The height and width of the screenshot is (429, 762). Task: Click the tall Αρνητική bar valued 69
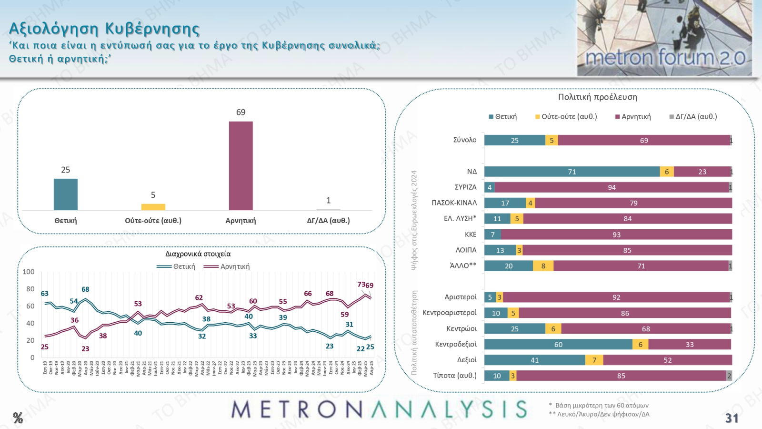(241, 165)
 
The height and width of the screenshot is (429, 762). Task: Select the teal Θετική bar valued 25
(66, 194)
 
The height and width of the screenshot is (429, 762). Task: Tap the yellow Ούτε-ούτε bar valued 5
(153, 207)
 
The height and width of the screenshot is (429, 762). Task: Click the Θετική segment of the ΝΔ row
(571, 172)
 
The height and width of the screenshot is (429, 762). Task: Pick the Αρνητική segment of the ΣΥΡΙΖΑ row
(612, 187)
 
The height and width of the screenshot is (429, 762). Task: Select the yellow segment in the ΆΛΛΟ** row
(543, 266)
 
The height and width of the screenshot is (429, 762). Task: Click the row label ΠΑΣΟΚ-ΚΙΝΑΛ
(454, 203)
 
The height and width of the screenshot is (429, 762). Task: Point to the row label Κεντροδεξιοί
(455, 344)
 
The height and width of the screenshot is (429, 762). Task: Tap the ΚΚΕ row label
(471, 234)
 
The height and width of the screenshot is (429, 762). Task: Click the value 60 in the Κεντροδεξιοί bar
(558, 345)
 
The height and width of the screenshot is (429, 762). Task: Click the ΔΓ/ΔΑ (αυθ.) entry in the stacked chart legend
(696, 117)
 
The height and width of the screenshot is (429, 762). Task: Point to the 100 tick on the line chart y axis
(29, 272)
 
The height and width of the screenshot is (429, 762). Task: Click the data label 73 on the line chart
(361, 285)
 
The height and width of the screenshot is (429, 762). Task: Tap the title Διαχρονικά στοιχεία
(198, 254)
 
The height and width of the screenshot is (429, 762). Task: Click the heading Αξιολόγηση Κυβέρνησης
(104, 29)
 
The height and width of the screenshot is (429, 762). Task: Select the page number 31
(732, 418)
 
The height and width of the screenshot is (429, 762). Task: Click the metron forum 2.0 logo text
(665, 58)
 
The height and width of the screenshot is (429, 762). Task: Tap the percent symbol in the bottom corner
(18, 418)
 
